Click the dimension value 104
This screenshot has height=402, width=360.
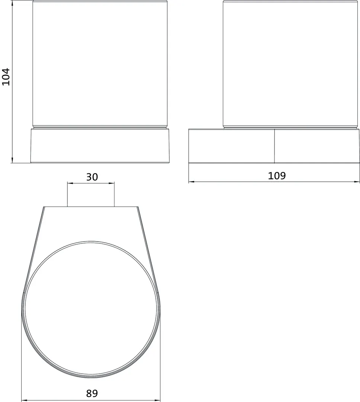[x=6, y=77]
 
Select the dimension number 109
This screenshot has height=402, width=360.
[x=277, y=176]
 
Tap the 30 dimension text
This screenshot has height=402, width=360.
[x=92, y=177]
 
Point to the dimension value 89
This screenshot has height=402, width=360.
[x=91, y=393]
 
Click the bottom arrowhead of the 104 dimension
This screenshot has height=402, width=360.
[x=12, y=161]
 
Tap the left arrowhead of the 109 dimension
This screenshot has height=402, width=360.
[x=191, y=182]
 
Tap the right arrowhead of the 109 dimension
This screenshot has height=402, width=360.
[x=357, y=182]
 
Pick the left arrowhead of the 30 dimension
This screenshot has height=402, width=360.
[x=69, y=183]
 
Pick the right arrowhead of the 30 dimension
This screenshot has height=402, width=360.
[x=112, y=183]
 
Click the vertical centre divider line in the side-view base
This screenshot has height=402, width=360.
[x=274, y=146]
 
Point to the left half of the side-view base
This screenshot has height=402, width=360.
[x=231, y=146]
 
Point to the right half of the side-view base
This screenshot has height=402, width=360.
[x=317, y=146]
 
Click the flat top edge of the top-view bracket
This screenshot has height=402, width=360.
[x=91, y=207]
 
